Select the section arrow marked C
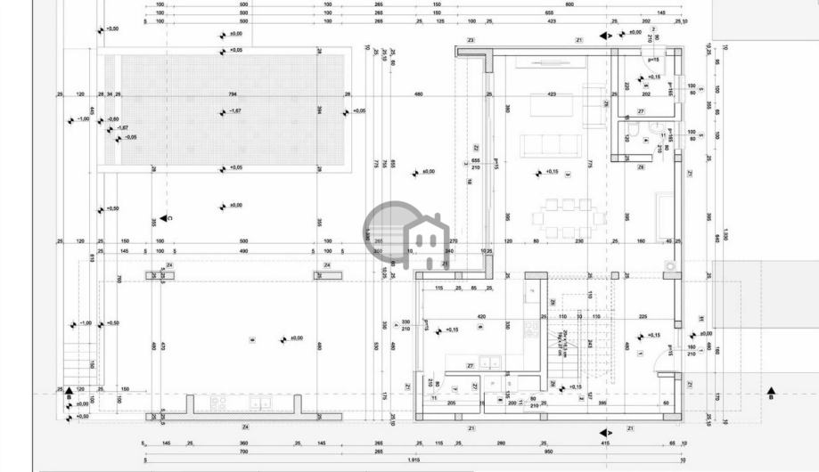tap(166, 218)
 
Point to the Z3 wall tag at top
tap(471, 41)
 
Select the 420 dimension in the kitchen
tap(481, 316)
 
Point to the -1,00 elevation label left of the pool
tap(83, 118)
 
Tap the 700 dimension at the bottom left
tap(242, 452)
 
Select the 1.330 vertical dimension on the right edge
tap(725, 233)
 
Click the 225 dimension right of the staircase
tap(643, 316)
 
